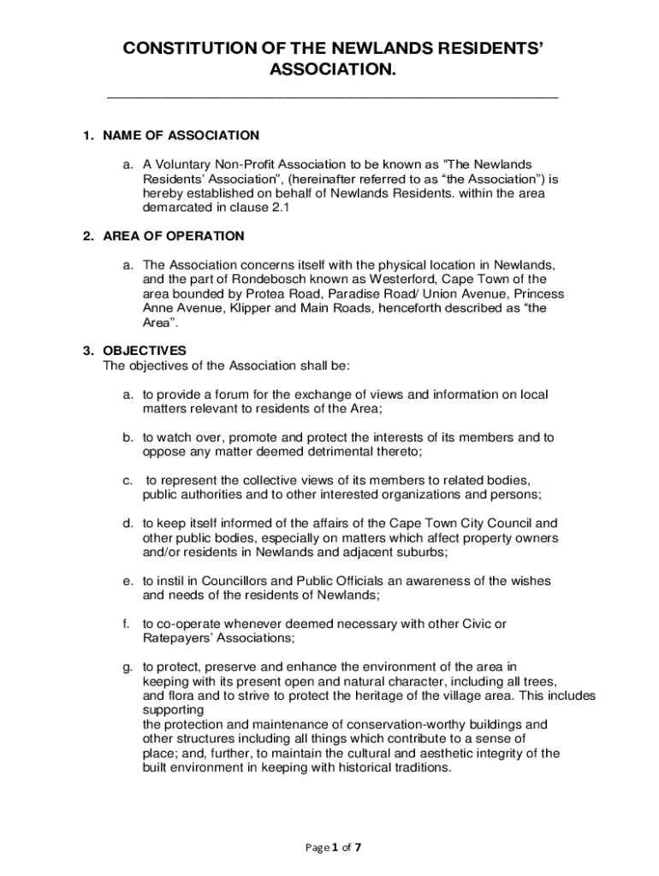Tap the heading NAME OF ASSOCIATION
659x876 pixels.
(181, 135)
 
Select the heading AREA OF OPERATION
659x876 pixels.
(174, 236)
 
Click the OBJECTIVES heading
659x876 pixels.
(144, 350)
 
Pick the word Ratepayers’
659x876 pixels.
(179, 638)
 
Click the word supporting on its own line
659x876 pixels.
(173, 710)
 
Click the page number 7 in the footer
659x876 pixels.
(358, 848)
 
